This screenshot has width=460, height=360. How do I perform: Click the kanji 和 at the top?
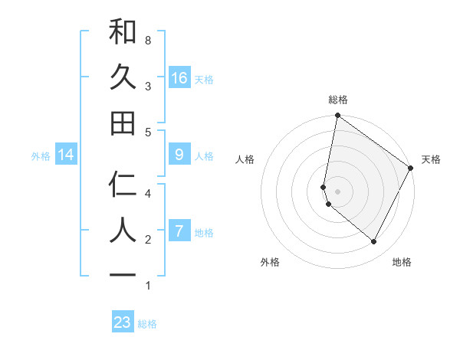[x=123, y=31]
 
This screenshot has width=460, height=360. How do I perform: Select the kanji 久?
[x=123, y=77]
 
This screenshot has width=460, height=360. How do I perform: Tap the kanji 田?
[x=123, y=123]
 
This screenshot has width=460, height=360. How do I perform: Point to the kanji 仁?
[x=123, y=185]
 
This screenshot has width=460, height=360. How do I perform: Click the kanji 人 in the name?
[x=123, y=231]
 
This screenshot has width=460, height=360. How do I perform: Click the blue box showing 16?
[x=179, y=78]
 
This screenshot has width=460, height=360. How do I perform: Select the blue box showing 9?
[x=179, y=155]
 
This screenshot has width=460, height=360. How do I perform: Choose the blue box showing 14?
[x=66, y=155]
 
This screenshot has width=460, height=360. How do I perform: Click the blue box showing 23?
[x=123, y=322]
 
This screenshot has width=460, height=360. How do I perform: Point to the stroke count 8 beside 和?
[x=147, y=39]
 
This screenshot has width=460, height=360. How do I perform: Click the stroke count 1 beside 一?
[x=147, y=286]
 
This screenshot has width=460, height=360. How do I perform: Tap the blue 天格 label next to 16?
[x=204, y=79]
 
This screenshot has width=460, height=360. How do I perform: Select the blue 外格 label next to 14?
[x=41, y=155]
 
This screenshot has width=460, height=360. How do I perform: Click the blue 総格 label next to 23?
[x=147, y=323]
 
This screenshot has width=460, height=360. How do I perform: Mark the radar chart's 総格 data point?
[x=337, y=116]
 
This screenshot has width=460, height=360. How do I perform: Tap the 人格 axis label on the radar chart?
[x=245, y=159]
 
